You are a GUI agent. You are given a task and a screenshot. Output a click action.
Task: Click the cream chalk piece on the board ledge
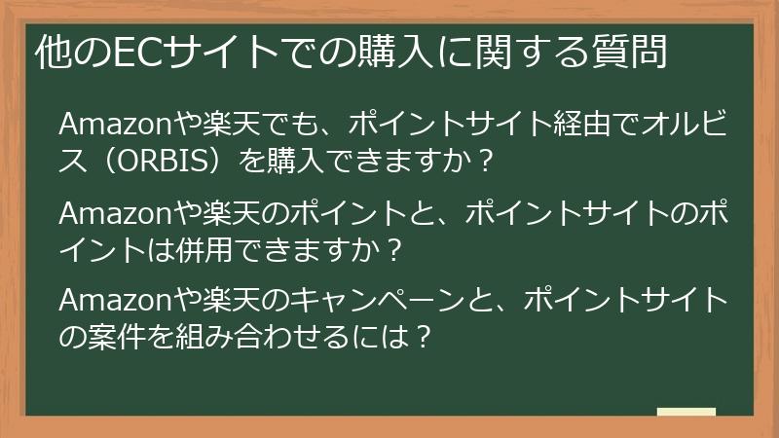(686, 413)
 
